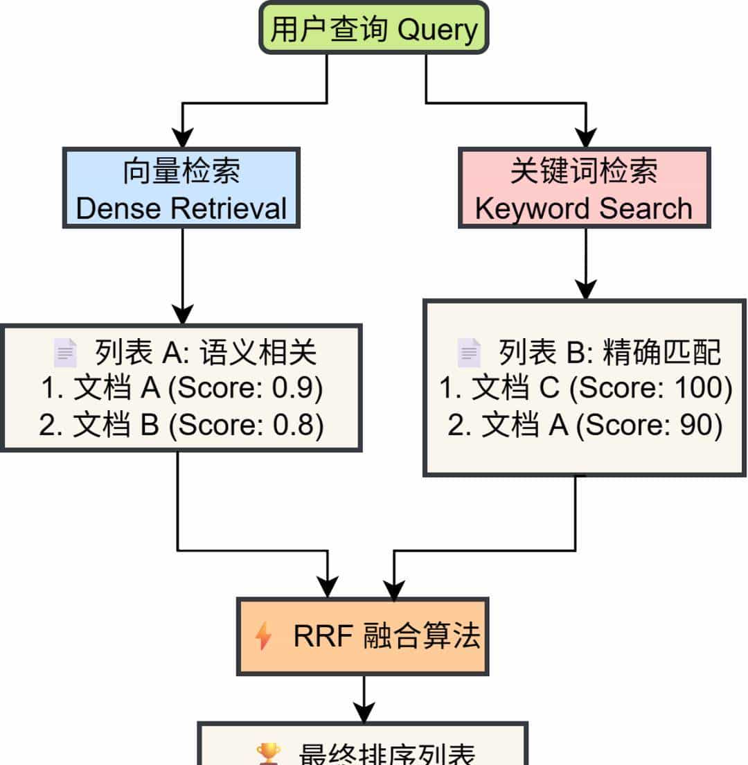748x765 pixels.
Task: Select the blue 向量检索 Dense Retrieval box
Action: click(181, 188)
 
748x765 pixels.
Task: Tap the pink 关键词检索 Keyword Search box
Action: click(584, 188)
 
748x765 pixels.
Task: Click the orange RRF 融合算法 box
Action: click(363, 636)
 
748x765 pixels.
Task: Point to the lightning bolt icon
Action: click(264, 636)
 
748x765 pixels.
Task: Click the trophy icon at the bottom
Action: click(268, 754)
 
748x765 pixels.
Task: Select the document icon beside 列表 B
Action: click(469, 353)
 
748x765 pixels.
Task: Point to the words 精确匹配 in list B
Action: click(662, 353)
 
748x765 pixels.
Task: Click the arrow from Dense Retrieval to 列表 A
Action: click(182, 277)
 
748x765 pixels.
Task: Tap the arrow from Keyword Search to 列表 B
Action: click(586, 263)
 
